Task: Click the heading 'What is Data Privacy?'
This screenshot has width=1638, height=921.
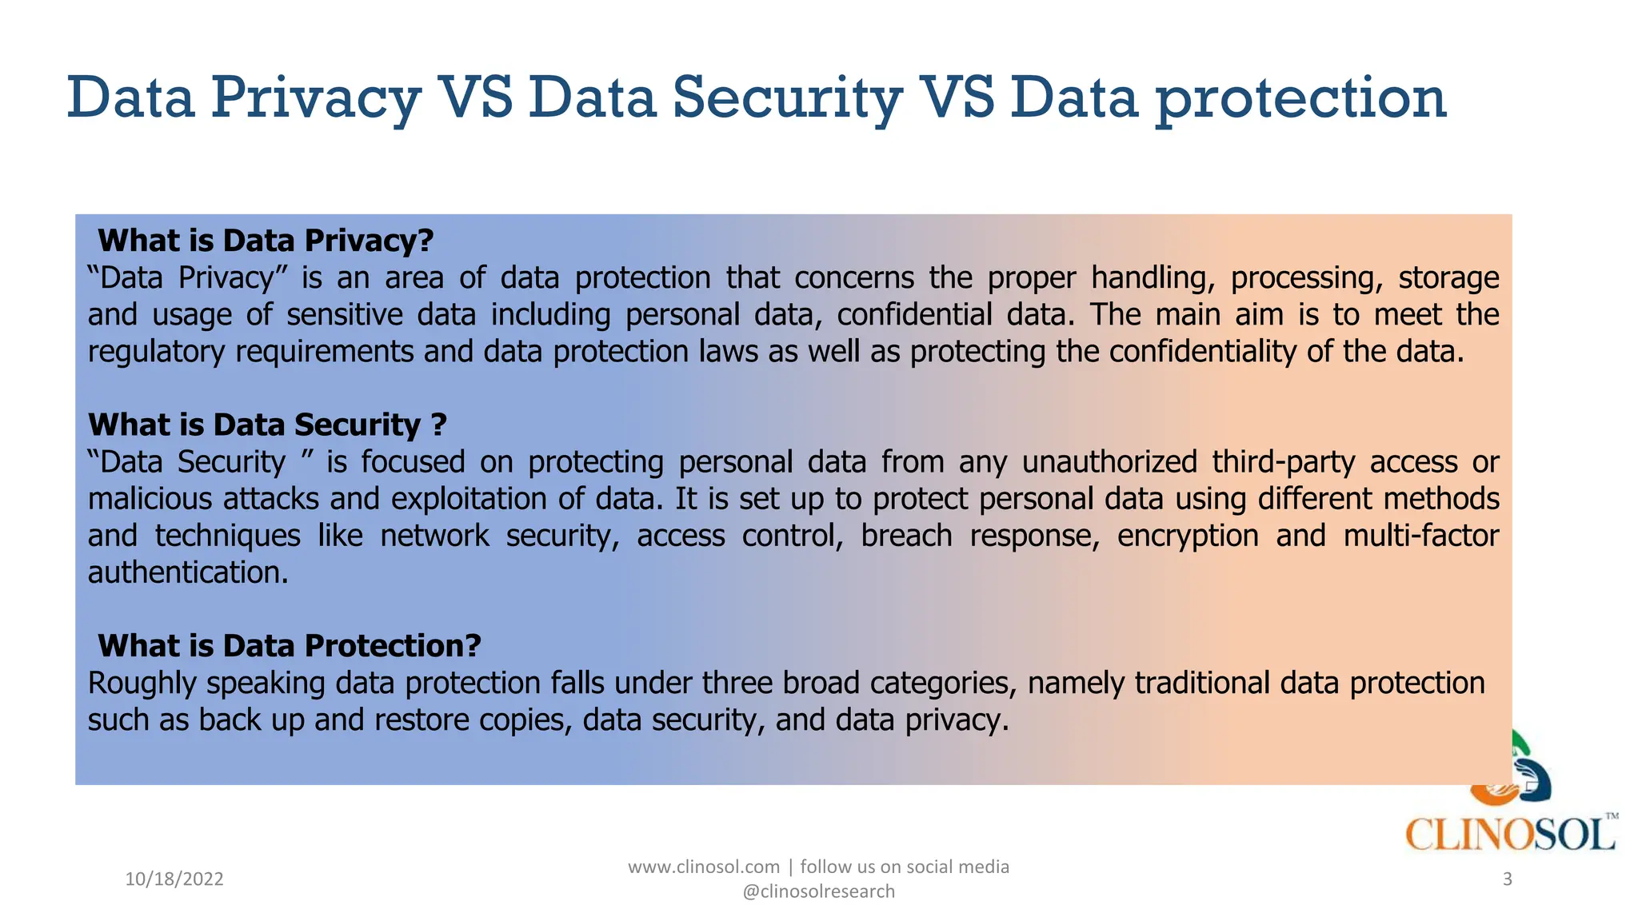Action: click(x=265, y=241)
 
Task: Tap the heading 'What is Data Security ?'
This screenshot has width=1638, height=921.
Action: click(x=266, y=425)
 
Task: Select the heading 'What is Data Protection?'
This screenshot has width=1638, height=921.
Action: click(x=289, y=646)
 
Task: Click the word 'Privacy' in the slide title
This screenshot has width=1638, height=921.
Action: click(x=315, y=98)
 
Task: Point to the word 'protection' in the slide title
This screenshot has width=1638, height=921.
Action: click(x=1300, y=98)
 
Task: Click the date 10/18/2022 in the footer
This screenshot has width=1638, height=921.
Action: click(x=174, y=879)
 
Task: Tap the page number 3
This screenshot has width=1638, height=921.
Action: click(x=1508, y=879)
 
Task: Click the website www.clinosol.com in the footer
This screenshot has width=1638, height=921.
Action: click(x=704, y=867)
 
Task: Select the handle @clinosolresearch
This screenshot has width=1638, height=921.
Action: click(x=818, y=891)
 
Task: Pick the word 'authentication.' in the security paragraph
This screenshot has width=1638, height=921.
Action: click(x=188, y=573)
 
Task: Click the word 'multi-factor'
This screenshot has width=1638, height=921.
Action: click(x=1420, y=536)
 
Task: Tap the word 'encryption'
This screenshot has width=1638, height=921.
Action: click(x=1188, y=536)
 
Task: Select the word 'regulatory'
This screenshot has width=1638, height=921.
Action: click(x=157, y=352)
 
